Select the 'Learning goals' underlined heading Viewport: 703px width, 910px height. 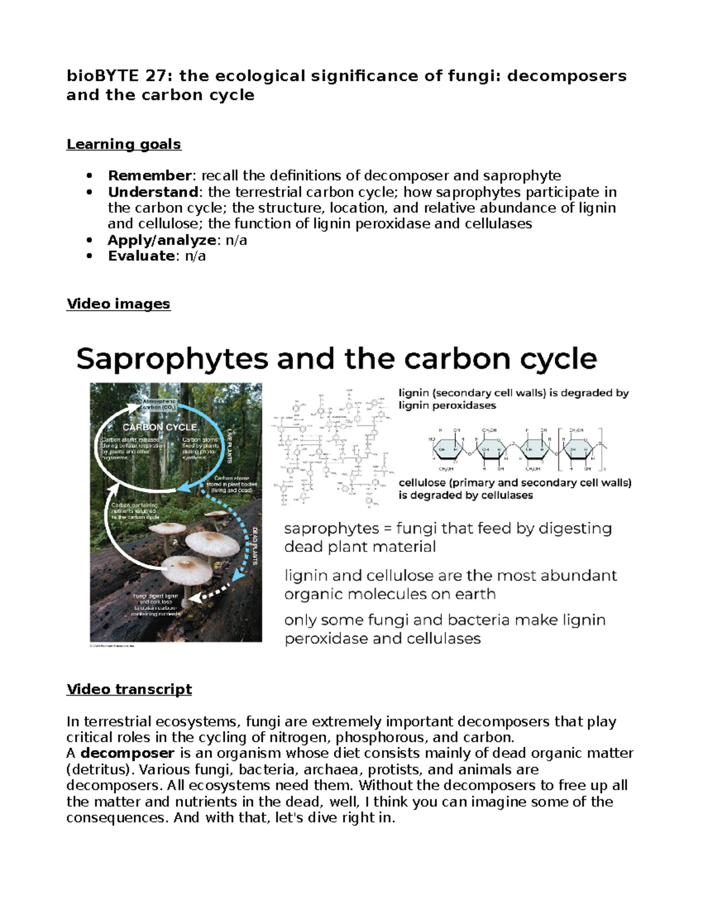pyautogui.click(x=124, y=144)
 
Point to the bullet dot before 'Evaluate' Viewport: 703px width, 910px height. pyautogui.click(x=90, y=256)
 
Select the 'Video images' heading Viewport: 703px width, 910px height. pyautogui.click(x=118, y=304)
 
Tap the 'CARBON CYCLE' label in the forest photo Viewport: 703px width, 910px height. pyautogui.click(x=159, y=427)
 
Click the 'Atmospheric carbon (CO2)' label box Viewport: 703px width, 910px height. pyautogui.click(x=160, y=404)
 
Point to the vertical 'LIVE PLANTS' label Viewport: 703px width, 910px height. pyautogui.click(x=230, y=445)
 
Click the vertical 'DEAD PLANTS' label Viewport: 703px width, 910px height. pyautogui.click(x=255, y=546)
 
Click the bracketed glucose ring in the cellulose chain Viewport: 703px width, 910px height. pyautogui.click(x=578, y=449)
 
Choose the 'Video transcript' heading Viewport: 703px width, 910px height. pyautogui.click(x=129, y=689)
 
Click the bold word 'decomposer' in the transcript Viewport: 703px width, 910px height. pyautogui.click(x=127, y=753)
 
